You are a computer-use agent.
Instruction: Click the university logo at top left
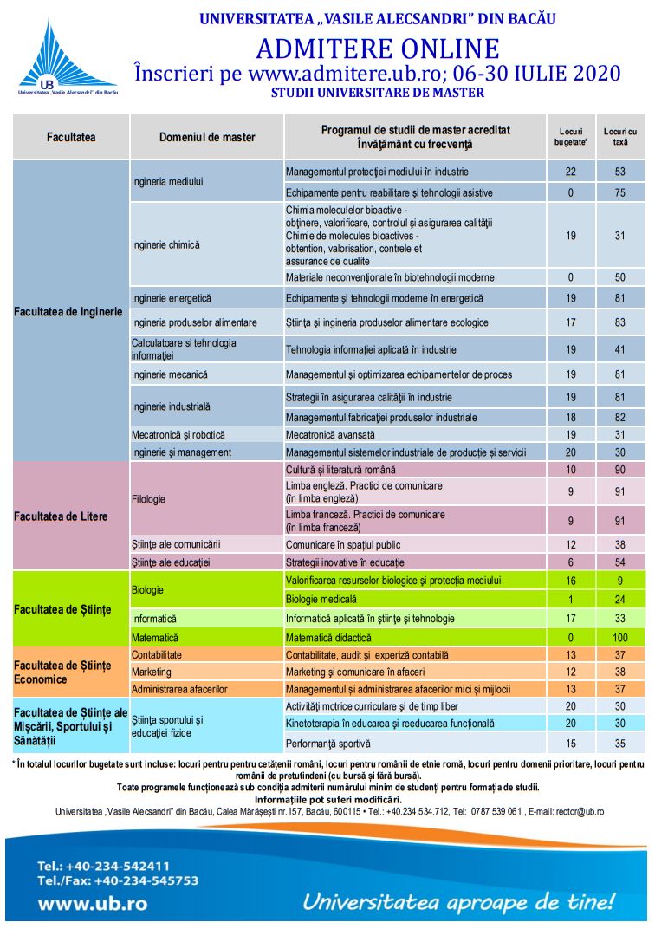[x=68, y=56]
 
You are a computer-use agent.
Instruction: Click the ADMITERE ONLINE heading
[x=377, y=48]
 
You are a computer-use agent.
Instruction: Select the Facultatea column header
[x=71, y=137]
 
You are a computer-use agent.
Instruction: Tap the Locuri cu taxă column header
[x=619, y=137]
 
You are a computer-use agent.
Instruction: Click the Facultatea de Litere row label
[x=62, y=516]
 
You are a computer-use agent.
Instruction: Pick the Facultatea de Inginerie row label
[x=68, y=311]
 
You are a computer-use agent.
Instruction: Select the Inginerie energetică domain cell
[x=172, y=298]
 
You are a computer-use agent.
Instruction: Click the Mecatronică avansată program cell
[x=331, y=434]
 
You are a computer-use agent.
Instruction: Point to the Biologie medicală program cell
[x=321, y=599]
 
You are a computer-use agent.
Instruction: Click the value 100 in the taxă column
[x=619, y=637]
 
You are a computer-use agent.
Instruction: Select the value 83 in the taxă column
[x=619, y=322]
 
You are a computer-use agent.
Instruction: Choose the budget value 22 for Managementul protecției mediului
[x=570, y=172]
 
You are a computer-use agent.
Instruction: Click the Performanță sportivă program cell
[x=328, y=743]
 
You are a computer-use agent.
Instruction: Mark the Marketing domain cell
[x=152, y=672]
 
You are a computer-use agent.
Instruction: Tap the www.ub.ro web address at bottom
[x=92, y=903]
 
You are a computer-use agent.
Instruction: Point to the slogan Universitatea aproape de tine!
[x=458, y=901]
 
